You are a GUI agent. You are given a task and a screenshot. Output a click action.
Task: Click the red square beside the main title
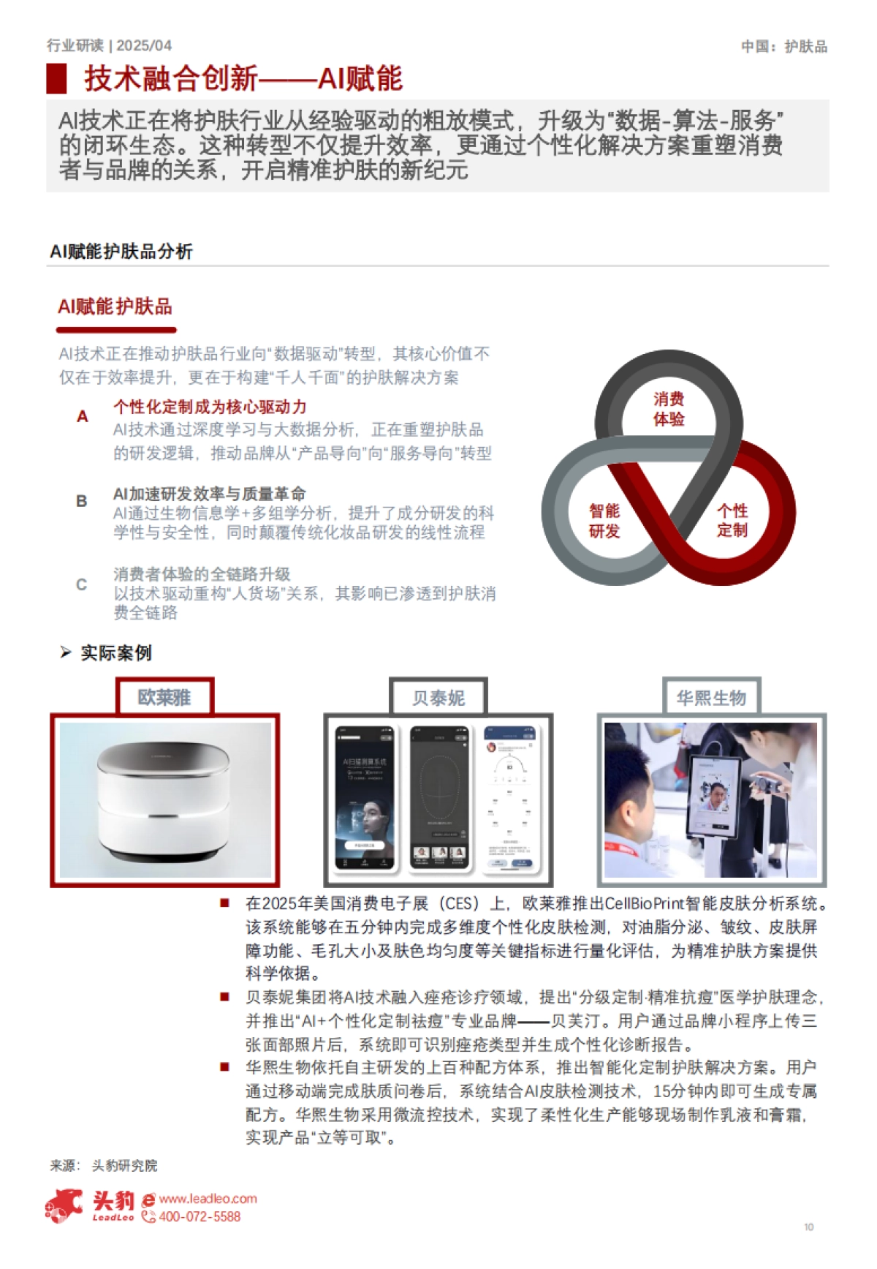coord(56,78)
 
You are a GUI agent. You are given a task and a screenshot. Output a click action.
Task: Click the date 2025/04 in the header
coord(144,45)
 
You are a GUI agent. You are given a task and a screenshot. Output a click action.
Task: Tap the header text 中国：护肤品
coord(784,47)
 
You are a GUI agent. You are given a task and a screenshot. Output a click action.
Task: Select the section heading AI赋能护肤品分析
coord(121,252)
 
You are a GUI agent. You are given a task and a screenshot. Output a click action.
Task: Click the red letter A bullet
coord(83,416)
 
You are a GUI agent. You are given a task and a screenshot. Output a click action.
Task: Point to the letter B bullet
coord(82,501)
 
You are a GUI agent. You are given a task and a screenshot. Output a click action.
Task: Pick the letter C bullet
coord(82,584)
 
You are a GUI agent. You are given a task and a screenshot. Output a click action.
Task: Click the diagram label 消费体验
coord(669,409)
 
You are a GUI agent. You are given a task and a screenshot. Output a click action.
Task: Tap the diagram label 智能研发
coord(604,520)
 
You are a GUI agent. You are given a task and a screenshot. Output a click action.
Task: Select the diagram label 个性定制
coord(732,520)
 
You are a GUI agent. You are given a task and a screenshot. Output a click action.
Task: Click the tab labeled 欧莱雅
coord(164,697)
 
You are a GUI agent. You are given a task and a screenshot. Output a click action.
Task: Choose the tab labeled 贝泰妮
coord(438,698)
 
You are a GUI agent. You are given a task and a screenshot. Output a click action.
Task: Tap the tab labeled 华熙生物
coord(711,697)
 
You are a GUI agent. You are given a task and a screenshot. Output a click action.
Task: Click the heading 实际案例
coord(115,652)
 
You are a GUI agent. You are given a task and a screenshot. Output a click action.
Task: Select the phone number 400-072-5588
coord(199,1217)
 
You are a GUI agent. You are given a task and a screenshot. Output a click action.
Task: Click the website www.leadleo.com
coord(208,1199)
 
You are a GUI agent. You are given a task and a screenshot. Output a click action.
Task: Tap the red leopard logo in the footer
coord(64,1205)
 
